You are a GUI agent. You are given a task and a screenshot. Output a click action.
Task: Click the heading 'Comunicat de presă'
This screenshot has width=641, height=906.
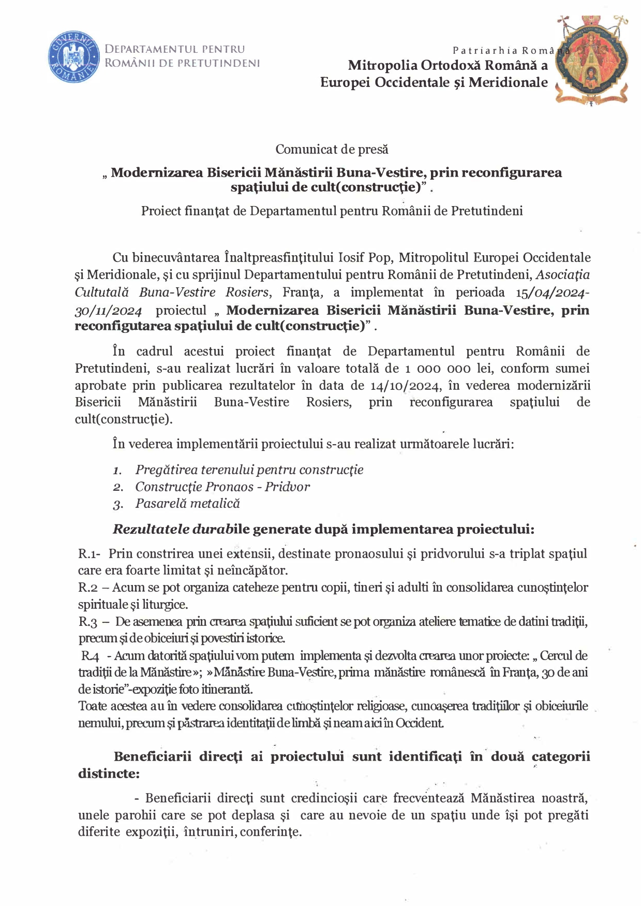[332, 150]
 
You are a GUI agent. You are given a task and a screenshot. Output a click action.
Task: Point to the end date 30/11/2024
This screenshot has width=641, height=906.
[108, 311]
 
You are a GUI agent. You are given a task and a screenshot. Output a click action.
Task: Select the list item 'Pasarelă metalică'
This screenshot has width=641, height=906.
[187, 504]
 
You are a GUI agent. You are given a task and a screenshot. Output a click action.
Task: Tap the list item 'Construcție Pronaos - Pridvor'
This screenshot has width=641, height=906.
[222, 487]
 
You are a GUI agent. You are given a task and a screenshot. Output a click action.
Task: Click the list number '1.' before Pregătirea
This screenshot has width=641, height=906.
[117, 471]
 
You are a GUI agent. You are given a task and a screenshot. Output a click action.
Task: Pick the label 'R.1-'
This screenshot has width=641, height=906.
[89, 554]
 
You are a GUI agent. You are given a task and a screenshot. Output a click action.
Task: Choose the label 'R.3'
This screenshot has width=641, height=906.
[88, 622]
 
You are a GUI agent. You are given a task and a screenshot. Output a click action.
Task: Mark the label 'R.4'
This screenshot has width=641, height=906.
[90, 656]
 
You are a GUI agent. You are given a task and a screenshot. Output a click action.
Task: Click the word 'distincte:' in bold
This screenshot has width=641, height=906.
[109, 773]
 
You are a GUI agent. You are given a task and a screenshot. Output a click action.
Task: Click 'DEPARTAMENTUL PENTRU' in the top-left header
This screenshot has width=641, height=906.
[175, 50]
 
